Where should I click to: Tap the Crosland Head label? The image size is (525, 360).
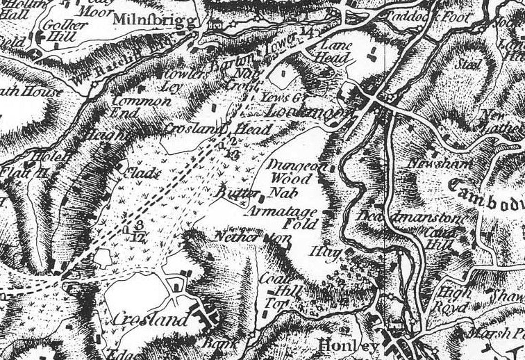(207, 129)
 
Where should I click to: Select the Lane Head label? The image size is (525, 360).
(326, 53)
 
